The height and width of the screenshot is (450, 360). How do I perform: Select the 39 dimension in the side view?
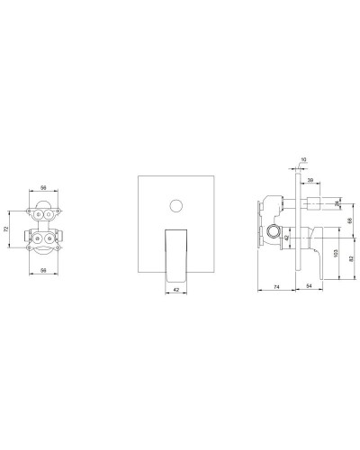[x=310, y=181]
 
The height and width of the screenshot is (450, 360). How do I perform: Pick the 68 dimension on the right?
[x=347, y=222]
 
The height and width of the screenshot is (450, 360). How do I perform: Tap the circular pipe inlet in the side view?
[x=271, y=235]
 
